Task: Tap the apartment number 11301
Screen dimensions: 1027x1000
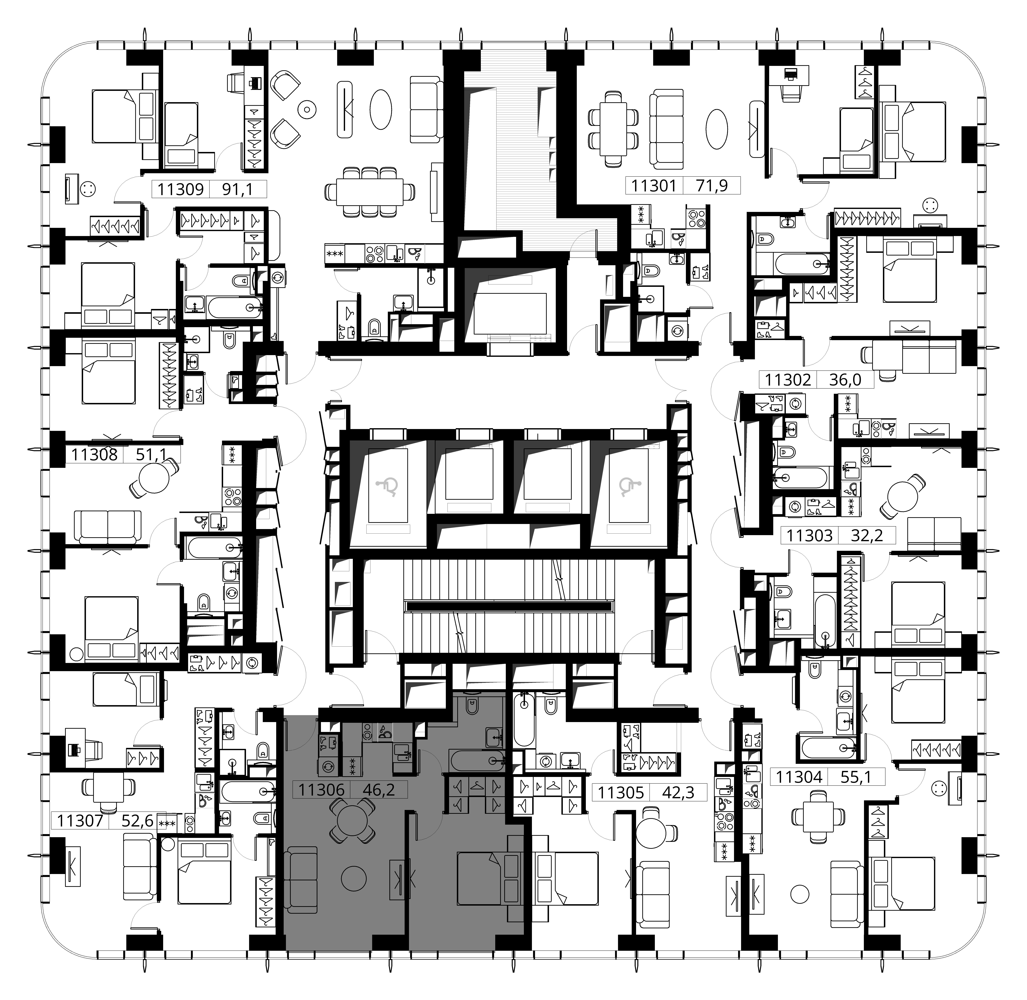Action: point(654,185)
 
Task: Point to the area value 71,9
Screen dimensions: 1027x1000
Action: point(712,185)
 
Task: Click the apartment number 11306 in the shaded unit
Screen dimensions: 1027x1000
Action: point(321,789)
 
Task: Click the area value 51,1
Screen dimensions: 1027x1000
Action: point(151,454)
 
